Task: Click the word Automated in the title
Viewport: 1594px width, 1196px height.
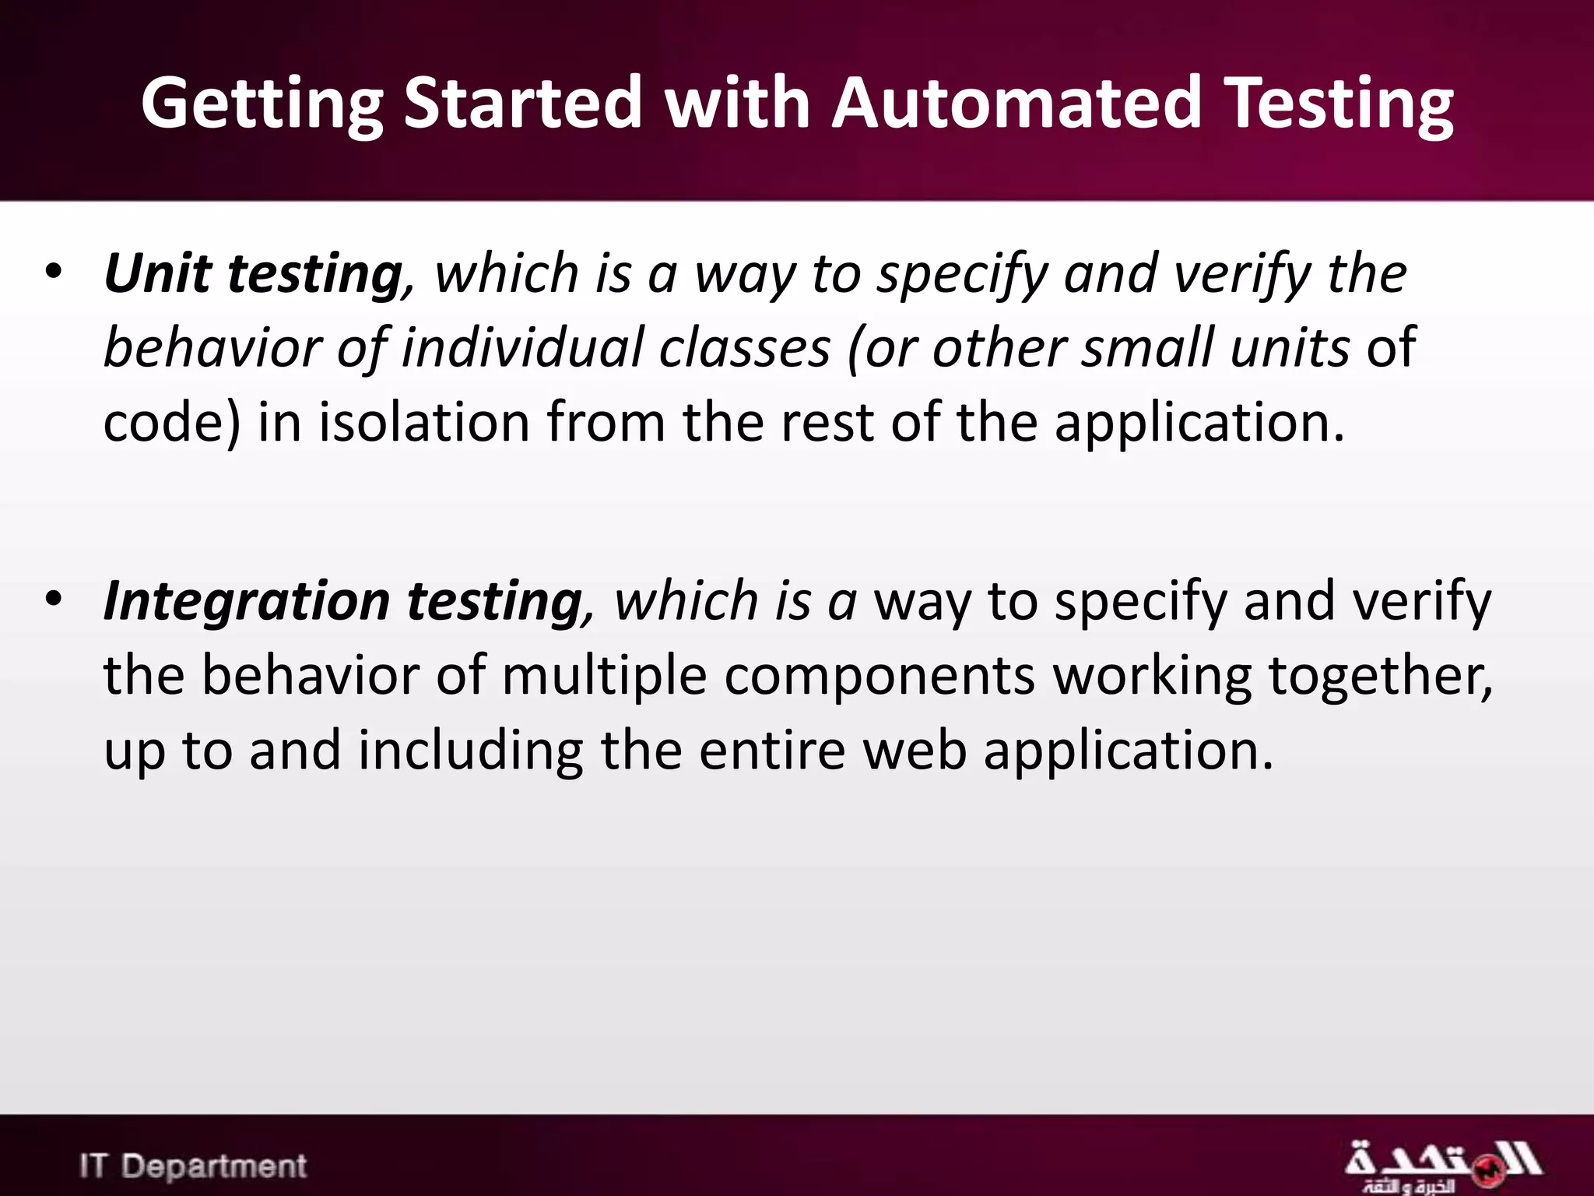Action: tap(1017, 103)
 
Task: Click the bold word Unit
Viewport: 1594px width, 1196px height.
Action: tap(158, 273)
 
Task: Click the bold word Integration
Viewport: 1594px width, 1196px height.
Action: tap(247, 602)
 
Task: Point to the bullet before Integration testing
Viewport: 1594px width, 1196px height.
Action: tap(53, 600)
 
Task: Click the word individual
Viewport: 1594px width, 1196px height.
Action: tap(521, 347)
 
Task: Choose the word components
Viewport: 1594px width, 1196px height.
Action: tap(880, 676)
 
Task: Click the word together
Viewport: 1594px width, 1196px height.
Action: tap(1380, 676)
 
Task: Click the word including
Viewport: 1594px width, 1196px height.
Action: tap(470, 751)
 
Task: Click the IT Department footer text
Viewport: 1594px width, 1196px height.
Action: tap(193, 1166)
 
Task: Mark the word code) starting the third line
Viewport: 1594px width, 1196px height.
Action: tap(172, 423)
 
